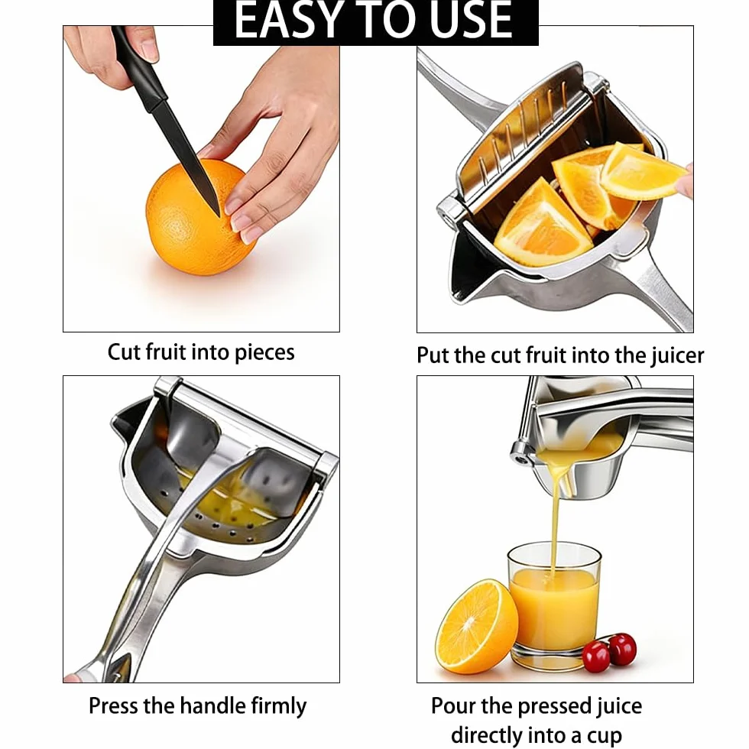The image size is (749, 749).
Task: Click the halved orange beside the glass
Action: pos(476,626)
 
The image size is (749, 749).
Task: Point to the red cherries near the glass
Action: pos(610,651)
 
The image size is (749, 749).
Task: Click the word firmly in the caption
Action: pos(279,707)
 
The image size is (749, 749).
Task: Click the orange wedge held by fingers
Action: pos(643,171)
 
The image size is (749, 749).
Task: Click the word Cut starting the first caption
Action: pos(124,352)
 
